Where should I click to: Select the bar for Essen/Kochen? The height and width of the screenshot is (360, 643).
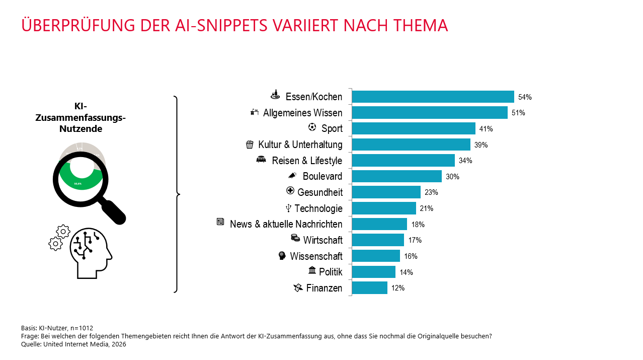pos(433,97)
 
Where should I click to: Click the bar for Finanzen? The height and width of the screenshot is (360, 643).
pos(369,288)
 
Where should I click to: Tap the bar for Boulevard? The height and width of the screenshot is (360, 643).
pos(396,176)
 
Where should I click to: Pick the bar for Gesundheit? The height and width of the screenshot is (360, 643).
pos(386,192)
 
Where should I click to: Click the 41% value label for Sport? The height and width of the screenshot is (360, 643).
pos(486,129)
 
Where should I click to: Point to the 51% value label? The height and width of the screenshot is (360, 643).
pos(518,113)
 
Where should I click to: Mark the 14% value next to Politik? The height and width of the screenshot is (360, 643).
pos(406,272)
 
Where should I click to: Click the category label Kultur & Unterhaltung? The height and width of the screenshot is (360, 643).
pos(300,145)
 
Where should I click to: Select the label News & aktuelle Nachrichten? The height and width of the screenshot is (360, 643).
pos(286,225)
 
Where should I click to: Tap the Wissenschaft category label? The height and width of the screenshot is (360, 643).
pos(316,256)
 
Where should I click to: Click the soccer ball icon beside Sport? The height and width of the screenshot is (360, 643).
pos(312,127)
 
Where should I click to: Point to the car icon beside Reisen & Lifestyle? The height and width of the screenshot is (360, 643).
pos(261,160)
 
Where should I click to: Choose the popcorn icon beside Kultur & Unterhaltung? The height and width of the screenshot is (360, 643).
pos(250,145)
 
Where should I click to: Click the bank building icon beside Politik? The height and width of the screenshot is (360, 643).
pos(312,271)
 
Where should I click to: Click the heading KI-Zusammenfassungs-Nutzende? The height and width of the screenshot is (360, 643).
pos(81,118)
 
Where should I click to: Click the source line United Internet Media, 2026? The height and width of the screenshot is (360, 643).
pos(85,344)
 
